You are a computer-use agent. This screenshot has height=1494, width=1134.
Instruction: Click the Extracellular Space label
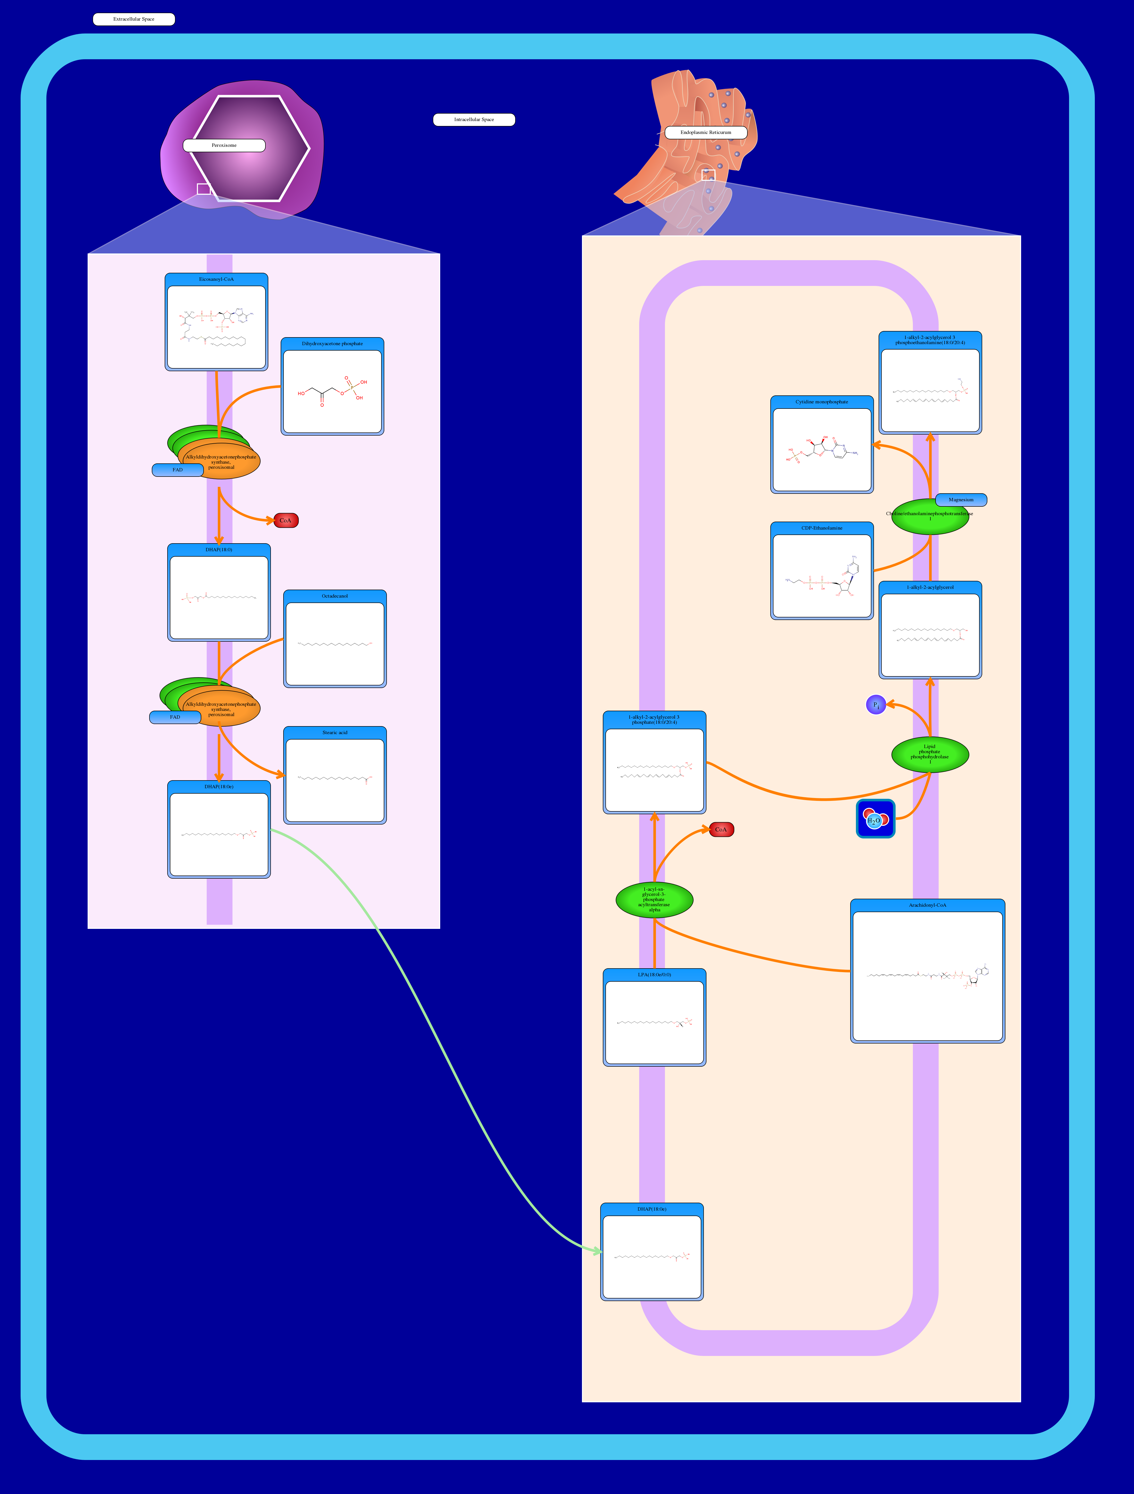(x=134, y=19)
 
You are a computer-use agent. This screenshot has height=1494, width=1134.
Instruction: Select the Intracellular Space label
(x=474, y=120)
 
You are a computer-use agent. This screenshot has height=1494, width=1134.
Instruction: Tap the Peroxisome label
(x=224, y=145)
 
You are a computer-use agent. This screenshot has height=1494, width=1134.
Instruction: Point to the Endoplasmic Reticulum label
(x=706, y=132)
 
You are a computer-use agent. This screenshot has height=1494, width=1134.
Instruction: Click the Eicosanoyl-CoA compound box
(x=216, y=322)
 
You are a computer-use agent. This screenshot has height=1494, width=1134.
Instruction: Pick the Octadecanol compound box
(x=335, y=639)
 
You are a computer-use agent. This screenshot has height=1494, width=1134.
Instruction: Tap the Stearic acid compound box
(x=335, y=775)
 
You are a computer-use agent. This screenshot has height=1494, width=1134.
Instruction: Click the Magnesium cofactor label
(x=960, y=500)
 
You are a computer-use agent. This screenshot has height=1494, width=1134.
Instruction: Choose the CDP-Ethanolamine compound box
(x=822, y=571)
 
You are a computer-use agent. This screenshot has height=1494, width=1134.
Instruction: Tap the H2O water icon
(x=875, y=819)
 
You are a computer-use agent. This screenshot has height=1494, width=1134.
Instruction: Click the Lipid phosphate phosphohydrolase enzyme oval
(x=930, y=754)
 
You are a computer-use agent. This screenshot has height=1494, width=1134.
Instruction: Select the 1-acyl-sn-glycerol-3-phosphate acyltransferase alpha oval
(x=654, y=900)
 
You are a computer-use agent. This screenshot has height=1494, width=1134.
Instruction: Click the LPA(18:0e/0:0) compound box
(x=654, y=1017)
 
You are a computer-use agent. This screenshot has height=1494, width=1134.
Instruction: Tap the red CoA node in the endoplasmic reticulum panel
(x=721, y=829)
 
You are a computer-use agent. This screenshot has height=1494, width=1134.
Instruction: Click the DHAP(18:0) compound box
(x=219, y=592)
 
